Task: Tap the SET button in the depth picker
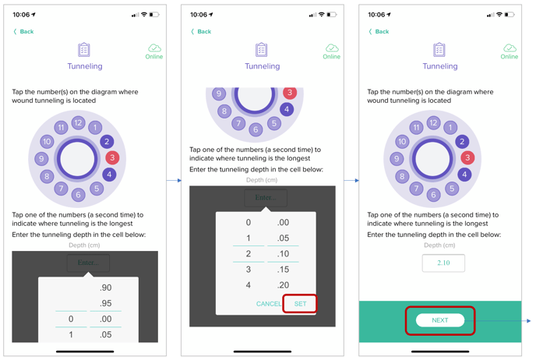pos(300,304)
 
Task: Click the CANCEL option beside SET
pos(269,304)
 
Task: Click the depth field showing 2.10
pos(443,263)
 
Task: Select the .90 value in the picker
pos(106,288)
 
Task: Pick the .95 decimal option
pos(106,303)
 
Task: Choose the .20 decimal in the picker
pos(283,284)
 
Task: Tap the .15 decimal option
pos(283,270)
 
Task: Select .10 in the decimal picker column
pos(283,254)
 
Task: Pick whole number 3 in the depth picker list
pos(249,270)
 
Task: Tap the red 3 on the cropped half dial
pos(290,92)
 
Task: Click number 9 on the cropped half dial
pos(219,94)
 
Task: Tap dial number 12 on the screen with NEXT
pos(433,123)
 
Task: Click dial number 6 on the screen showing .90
pos(78,195)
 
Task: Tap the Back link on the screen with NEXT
pos(379,31)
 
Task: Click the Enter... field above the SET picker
pos(266,198)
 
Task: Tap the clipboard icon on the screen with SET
pos(262,50)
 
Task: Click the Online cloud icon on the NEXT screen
pos(510,48)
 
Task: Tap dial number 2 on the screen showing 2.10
pos(462,142)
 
